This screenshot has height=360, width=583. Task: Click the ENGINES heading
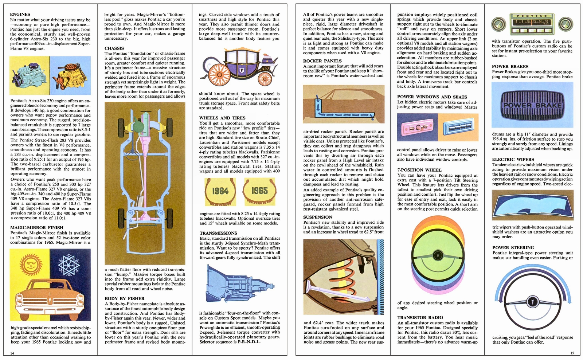(20, 15)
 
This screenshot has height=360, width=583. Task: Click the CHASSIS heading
(114, 48)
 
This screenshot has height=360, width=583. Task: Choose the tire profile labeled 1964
(220, 191)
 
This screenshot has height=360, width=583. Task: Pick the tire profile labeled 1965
(259, 191)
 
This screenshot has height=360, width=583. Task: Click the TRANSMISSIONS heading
(218, 233)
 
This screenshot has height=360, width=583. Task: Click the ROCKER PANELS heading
(322, 61)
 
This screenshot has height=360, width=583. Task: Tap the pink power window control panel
(417, 128)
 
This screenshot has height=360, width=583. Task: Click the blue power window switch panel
(458, 128)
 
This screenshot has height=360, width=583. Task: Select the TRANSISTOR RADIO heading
(420, 317)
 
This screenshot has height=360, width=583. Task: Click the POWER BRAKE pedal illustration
(532, 105)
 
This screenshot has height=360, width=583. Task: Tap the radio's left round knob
(498, 24)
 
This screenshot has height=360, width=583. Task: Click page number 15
(572, 353)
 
